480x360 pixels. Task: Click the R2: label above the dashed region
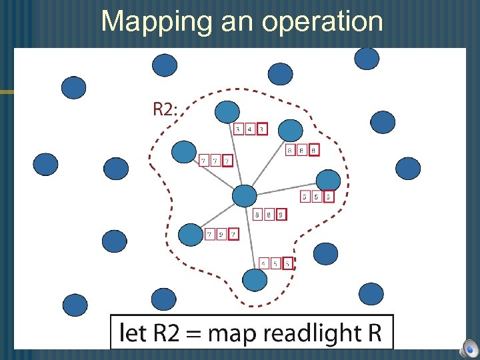coord(166,109)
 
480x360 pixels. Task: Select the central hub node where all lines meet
coord(244,196)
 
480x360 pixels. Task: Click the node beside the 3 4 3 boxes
coord(228,112)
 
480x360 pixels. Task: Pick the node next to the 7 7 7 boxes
coord(183,152)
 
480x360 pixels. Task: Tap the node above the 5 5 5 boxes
coord(327,180)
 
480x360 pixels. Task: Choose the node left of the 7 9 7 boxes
coord(191,235)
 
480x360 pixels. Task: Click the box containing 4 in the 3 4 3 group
coord(250,129)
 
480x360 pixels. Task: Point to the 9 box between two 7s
coord(221,235)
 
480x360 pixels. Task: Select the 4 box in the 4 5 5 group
coord(264,264)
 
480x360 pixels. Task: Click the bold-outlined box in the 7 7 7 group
coord(227,161)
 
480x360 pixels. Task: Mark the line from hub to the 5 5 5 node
coord(287,187)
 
